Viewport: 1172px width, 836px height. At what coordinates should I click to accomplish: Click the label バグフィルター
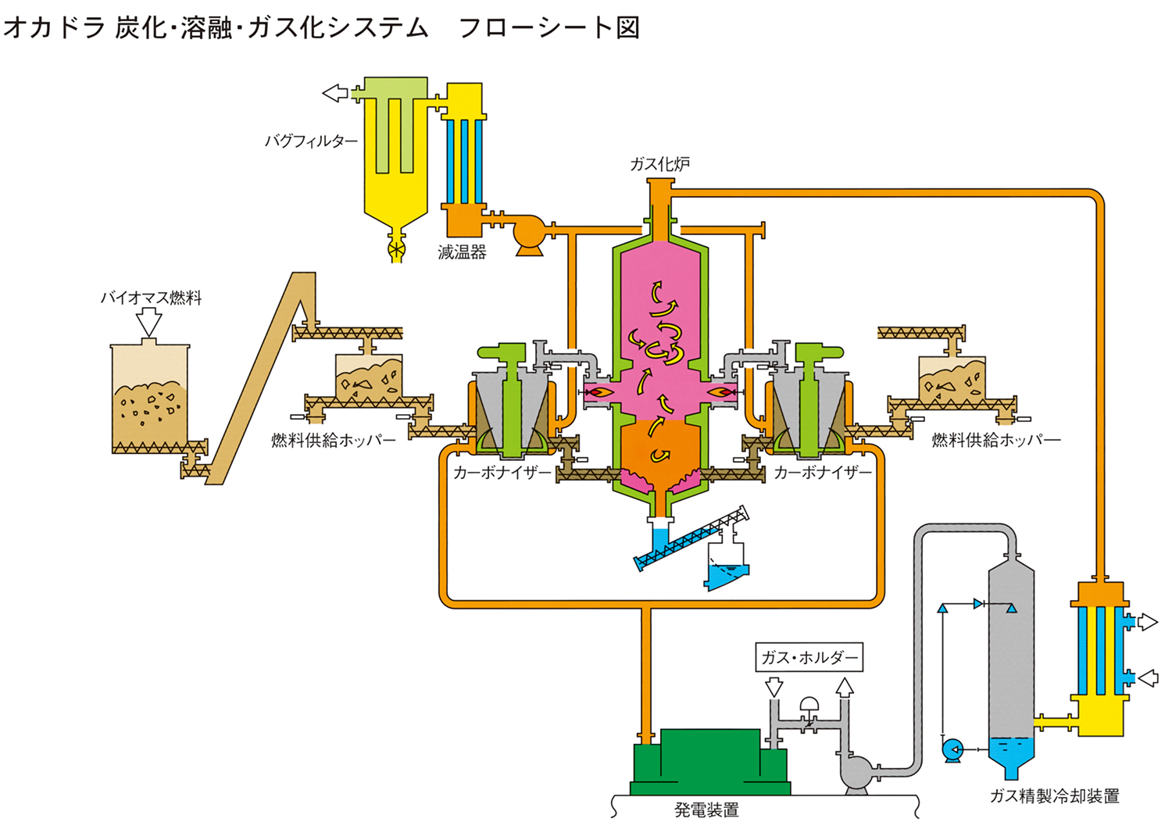[311, 141]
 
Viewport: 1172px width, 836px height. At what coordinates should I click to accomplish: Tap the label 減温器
[462, 252]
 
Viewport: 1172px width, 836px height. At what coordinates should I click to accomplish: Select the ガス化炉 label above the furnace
[660, 164]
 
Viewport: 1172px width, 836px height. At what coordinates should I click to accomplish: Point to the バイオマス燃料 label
[151, 298]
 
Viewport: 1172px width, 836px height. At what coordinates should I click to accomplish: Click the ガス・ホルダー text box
[809, 657]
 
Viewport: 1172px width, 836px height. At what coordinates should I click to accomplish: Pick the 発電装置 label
[706, 810]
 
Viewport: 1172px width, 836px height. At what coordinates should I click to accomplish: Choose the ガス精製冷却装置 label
[1054, 796]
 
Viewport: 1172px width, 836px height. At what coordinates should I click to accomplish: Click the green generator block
[709, 762]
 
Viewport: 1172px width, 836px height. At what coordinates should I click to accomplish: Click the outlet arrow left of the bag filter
[335, 93]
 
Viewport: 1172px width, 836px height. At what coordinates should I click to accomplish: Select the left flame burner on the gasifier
[598, 391]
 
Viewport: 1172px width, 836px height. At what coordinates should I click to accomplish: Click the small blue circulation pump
[952, 750]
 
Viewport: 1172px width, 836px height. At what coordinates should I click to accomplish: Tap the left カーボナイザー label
[502, 473]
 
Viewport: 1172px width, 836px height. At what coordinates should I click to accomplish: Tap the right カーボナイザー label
[822, 473]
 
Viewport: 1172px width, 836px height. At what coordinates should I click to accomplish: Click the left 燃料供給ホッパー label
[334, 440]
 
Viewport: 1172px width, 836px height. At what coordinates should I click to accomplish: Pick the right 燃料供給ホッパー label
[995, 440]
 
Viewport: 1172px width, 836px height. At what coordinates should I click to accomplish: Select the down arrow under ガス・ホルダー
[774, 687]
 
